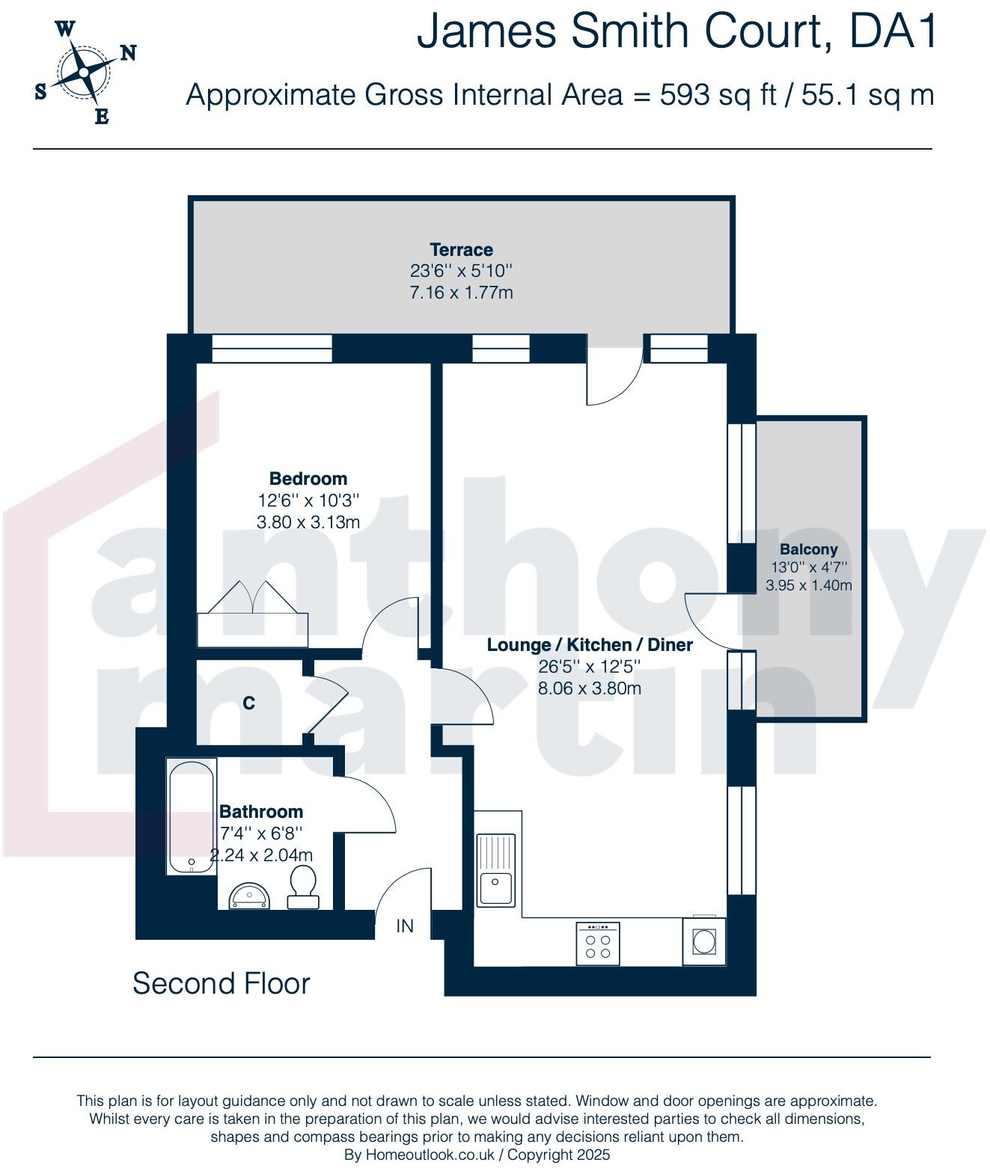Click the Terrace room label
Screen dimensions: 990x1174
tap(461, 250)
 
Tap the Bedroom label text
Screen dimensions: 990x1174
tap(308, 478)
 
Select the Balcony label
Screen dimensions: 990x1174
tap(808, 549)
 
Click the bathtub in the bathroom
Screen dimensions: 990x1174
tap(192, 816)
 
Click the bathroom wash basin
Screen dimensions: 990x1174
tap(249, 896)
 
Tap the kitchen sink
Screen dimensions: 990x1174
tap(495, 870)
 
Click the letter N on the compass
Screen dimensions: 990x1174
tap(129, 53)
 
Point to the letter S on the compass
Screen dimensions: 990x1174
tap(40, 91)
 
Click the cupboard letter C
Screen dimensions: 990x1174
tap(248, 703)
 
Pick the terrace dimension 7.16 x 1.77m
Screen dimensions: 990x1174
tap(461, 293)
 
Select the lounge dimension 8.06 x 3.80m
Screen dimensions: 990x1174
tap(590, 688)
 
